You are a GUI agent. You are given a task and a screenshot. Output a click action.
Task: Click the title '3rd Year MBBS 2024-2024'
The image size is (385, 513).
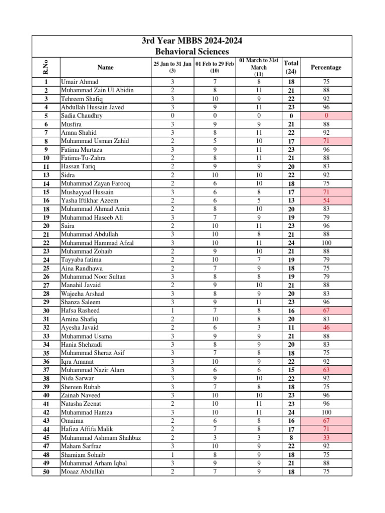tap(192, 41)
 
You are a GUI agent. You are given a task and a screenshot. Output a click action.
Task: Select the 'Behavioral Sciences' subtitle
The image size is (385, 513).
tap(192, 52)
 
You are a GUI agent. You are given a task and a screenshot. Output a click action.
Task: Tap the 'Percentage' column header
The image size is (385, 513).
tap(326, 67)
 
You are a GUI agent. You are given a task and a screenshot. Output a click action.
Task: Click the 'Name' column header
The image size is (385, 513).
tap(105, 67)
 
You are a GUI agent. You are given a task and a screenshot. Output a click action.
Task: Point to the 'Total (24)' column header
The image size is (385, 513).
tap(291, 67)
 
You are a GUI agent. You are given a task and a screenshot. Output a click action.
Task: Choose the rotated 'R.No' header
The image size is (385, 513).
tap(47, 67)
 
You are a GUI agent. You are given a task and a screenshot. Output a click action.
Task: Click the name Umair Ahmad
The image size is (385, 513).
tap(80, 82)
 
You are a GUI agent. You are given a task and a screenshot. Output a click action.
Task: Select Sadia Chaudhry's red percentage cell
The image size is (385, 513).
tap(326, 116)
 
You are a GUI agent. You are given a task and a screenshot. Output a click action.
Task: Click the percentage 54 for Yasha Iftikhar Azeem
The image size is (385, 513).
tap(326, 200)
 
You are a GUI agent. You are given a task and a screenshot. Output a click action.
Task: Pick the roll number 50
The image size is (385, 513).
tap(46, 472)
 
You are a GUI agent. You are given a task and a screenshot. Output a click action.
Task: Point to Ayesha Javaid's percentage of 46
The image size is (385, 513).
tap(326, 328)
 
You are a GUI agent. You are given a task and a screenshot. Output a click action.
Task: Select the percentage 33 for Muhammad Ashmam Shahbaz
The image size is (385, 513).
tap(326, 438)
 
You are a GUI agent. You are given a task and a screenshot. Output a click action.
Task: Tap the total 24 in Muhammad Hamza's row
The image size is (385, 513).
tap(291, 412)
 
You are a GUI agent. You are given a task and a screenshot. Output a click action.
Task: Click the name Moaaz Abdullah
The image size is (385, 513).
tap(83, 472)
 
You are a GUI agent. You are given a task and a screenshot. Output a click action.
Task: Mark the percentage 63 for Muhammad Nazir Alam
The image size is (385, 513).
tap(326, 370)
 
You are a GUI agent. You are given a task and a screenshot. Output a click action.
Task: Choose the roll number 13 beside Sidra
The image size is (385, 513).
tap(46, 175)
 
